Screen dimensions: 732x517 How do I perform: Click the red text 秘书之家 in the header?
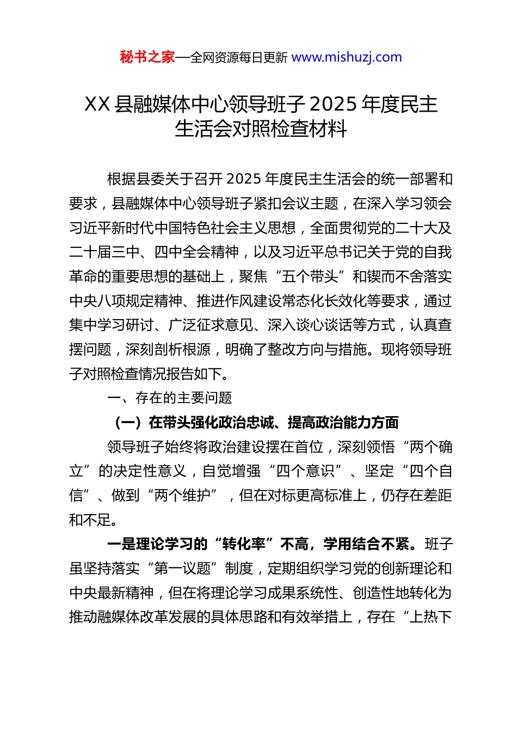pos(147,57)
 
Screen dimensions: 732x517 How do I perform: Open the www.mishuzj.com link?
pos(347,57)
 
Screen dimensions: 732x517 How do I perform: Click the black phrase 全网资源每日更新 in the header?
pos(238,57)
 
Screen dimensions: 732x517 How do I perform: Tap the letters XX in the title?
pos(98,104)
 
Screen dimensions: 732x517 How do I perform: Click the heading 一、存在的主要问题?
pos(170,398)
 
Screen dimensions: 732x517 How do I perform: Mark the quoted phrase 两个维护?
pos(182,496)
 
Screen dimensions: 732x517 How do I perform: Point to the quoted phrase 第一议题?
pos(182,569)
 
